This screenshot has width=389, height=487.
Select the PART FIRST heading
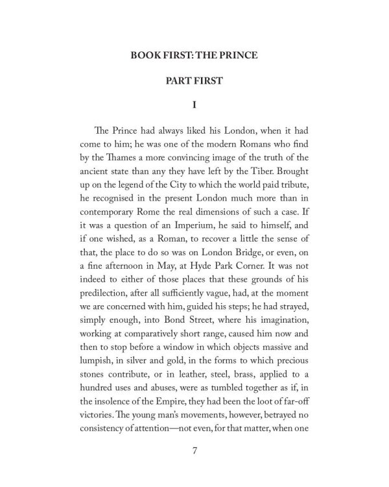point(194,84)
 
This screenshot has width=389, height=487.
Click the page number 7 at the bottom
point(194,452)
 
